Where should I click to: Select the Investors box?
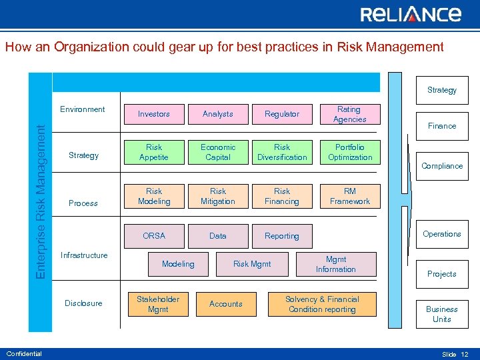[x=154, y=114]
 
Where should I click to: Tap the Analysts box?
[x=218, y=114]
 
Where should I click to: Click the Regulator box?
[x=282, y=114]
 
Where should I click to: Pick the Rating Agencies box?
[x=349, y=114]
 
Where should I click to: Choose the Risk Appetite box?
[x=154, y=152]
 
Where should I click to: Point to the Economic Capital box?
[x=218, y=152]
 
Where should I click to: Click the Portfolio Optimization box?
[x=349, y=152]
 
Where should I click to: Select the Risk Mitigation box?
[x=218, y=196]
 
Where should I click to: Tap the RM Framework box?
[x=349, y=196]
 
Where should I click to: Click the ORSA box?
[x=154, y=235]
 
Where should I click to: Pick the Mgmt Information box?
[x=335, y=264]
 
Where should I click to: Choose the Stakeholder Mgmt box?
[x=158, y=304]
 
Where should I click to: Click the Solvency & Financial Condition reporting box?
[x=322, y=304]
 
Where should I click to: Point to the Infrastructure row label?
[x=84, y=255]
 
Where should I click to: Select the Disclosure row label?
[x=83, y=303]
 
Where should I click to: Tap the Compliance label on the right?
[x=441, y=166]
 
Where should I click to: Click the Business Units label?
[x=441, y=314]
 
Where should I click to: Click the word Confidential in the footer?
[x=24, y=353]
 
